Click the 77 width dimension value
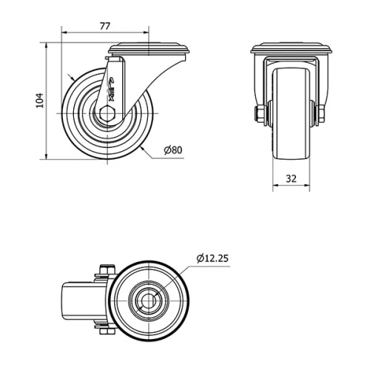104,25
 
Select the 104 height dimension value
40,100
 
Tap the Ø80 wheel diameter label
172,150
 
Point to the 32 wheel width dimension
291,178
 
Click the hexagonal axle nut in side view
108,114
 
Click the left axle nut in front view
260,114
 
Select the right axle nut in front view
321,114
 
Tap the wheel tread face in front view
291,118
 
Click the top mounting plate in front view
291,50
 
